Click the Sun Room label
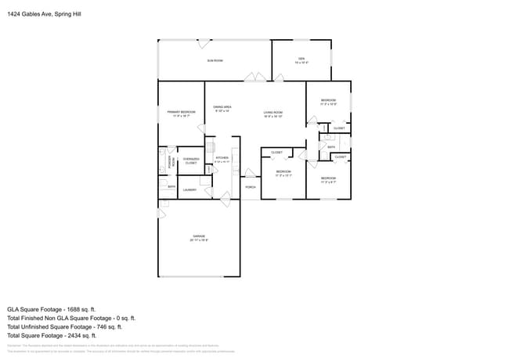pyautogui.click(x=215, y=60)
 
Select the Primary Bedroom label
pyautogui.click(x=181, y=113)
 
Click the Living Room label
pyautogui.click(x=273, y=113)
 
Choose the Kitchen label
pyautogui.click(x=222, y=159)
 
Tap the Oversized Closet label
pyautogui.click(x=190, y=161)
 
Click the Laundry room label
pyautogui.click(x=190, y=189)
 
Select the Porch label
pyautogui.click(x=251, y=187)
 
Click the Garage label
pyautogui.click(x=199, y=237)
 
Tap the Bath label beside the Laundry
pyautogui.click(x=171, y=187)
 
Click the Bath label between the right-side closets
pyautogui.click(x=331, y=146)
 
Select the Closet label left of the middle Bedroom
pyautogui.click(x=276, y=152)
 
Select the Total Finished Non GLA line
pyautogui.click(x=71, y=319)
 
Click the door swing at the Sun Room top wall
pyautogui.click(x=204, y=44)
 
